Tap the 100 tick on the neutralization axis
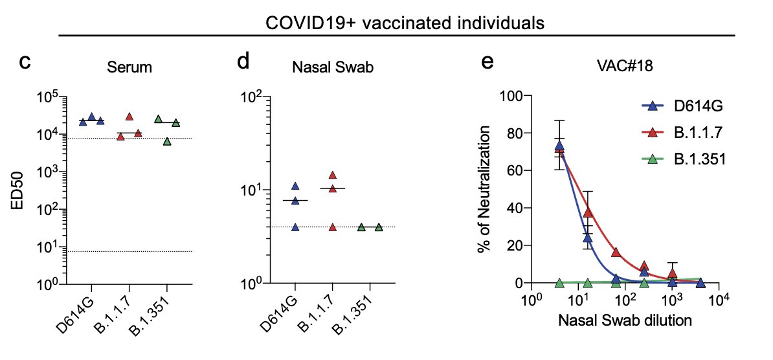click(x=511, y=96)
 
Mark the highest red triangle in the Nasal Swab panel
click(x=333, y=175)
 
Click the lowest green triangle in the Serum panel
click(x=168, y=141)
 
